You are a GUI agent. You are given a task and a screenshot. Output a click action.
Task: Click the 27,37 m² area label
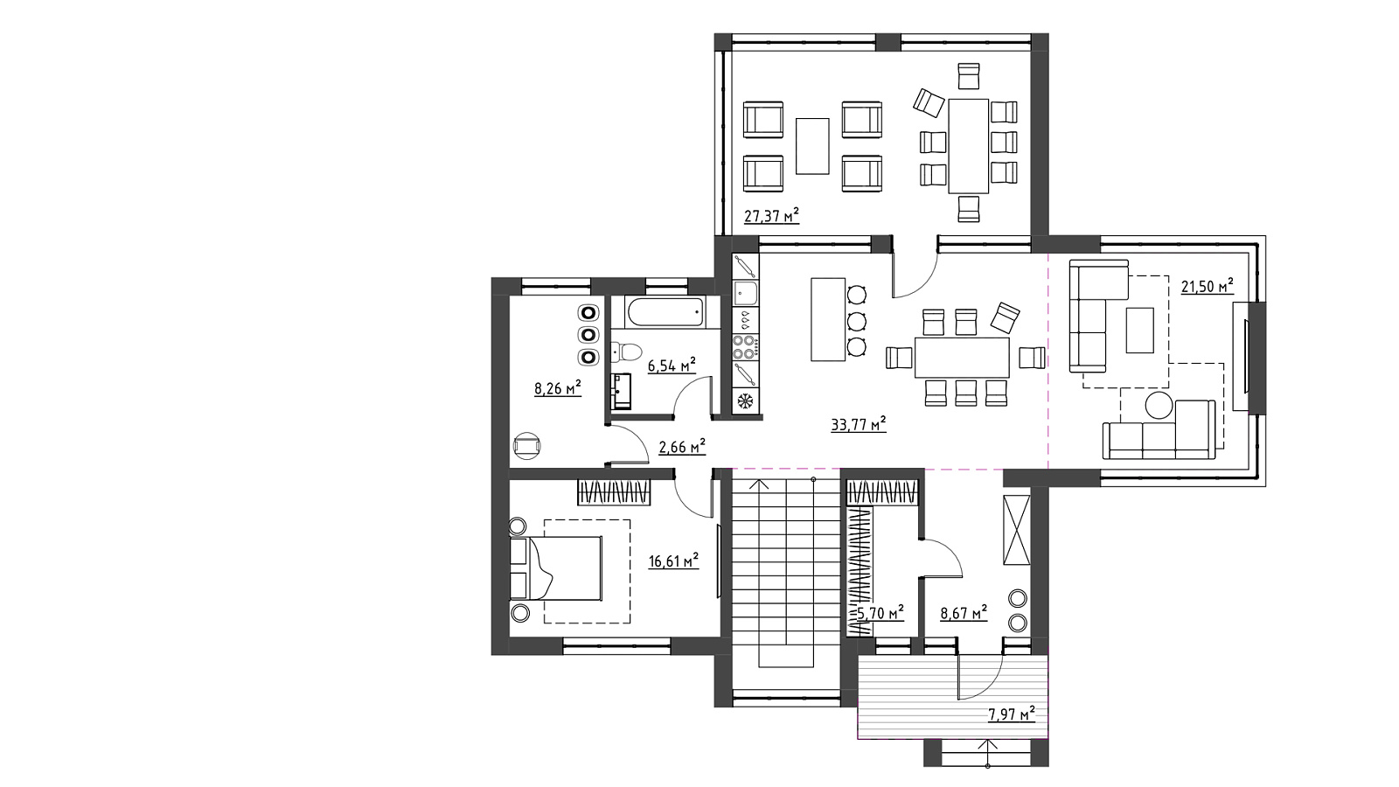pos(771,216)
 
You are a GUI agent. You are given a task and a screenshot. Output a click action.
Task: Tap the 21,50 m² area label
pos(1207,286)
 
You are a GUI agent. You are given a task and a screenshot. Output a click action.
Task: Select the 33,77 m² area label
pos(858,425)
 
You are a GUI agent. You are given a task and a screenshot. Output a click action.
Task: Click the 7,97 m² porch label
pos(1011,714)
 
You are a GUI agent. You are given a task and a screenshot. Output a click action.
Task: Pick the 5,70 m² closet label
pos(880,613)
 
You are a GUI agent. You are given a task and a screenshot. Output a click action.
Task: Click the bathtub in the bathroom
pos(665,311)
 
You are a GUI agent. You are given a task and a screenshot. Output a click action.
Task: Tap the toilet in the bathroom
pos(626,352)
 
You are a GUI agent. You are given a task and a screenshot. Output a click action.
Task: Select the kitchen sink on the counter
pos(745,292)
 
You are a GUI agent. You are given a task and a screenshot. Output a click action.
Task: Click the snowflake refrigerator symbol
pos(745,400)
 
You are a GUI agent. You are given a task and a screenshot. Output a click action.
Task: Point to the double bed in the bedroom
pos(556,568)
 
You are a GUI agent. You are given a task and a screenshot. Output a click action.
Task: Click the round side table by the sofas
pos(1159,405)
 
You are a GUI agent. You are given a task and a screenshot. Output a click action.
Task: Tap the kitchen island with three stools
pos(828,320)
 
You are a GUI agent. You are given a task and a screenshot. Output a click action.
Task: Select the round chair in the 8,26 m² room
pos(526,446)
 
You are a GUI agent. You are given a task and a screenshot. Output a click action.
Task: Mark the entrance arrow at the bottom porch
pos(987,753)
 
